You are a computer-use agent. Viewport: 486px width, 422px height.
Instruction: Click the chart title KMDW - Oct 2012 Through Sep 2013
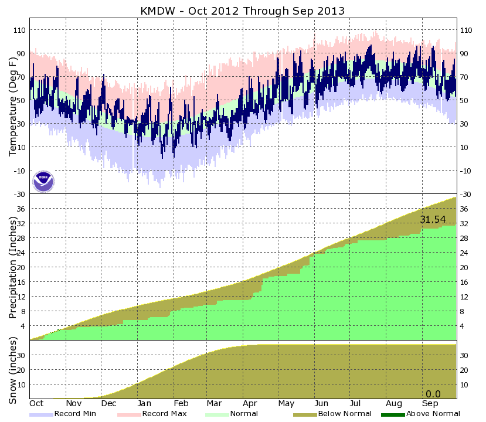click(x=243, y=11)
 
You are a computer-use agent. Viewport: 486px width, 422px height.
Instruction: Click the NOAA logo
click(x=43, y=182)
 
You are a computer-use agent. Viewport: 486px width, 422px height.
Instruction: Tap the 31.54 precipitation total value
click(x=433, y=219)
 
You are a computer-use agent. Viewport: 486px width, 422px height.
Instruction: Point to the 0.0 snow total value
click(x=433, y=394)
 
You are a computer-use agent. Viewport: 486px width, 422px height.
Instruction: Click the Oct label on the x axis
click(x=36, y=403)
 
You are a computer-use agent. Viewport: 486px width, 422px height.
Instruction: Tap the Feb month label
click(x=181, y=403)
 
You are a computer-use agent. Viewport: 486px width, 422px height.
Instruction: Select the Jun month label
click(x=321, y=403)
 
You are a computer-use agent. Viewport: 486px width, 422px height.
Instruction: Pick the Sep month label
click(x=430, y=403)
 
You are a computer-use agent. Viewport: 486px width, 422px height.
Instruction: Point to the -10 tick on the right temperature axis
click(x=467, y=171)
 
